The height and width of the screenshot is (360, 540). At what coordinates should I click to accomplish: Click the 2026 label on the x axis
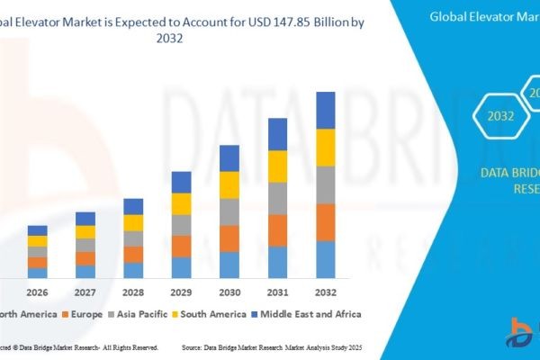click(37, 292)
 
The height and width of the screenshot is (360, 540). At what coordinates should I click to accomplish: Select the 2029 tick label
click(182, 292)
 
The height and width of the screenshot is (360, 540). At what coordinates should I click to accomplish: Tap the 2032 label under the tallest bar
click(325, 292)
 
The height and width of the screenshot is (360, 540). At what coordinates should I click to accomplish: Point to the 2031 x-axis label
click(277, 292)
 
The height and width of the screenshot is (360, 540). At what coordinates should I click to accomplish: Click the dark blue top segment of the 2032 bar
click(325, 110)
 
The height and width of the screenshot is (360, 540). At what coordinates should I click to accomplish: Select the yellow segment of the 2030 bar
click(229, 184)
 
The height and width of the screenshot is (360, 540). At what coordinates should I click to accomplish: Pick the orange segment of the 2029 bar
click(182, 246)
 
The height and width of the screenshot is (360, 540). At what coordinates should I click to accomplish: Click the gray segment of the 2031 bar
click(277, 198)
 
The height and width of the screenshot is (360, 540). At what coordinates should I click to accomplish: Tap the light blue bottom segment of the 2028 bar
click(133, 269)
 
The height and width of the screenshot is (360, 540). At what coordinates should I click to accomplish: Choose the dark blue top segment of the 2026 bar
click(37, 230)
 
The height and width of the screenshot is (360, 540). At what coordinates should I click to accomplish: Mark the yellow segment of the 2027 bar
click(85, 231)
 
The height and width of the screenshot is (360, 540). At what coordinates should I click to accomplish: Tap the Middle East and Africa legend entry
click(307, 314)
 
